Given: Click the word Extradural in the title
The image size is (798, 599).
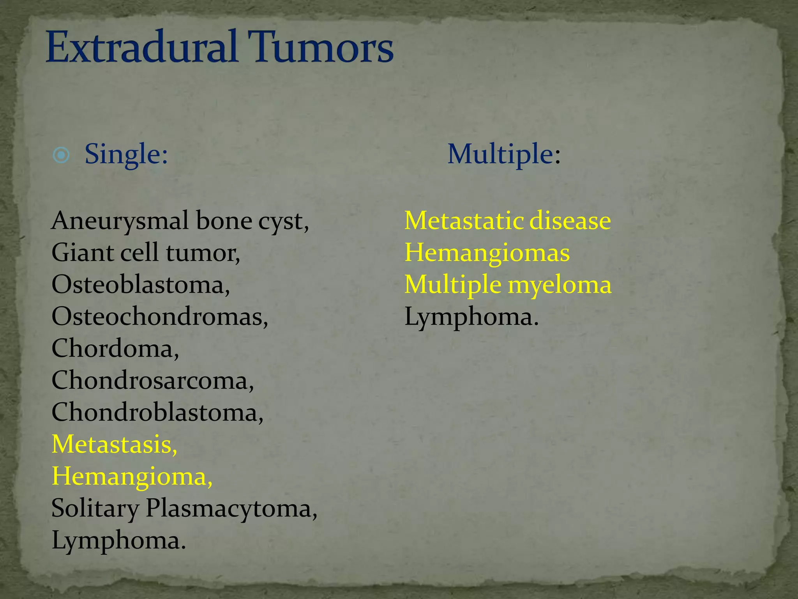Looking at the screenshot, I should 142,48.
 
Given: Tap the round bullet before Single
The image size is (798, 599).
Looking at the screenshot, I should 61,155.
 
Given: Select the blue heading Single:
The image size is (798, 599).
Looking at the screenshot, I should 126,154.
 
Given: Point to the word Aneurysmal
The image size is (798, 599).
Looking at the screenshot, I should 121,221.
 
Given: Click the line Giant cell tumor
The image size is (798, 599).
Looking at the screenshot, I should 146,253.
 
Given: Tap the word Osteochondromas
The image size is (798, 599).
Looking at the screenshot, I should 159,317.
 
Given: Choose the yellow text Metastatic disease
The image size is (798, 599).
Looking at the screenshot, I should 507,221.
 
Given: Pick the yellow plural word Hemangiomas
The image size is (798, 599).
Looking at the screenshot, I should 487,253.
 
